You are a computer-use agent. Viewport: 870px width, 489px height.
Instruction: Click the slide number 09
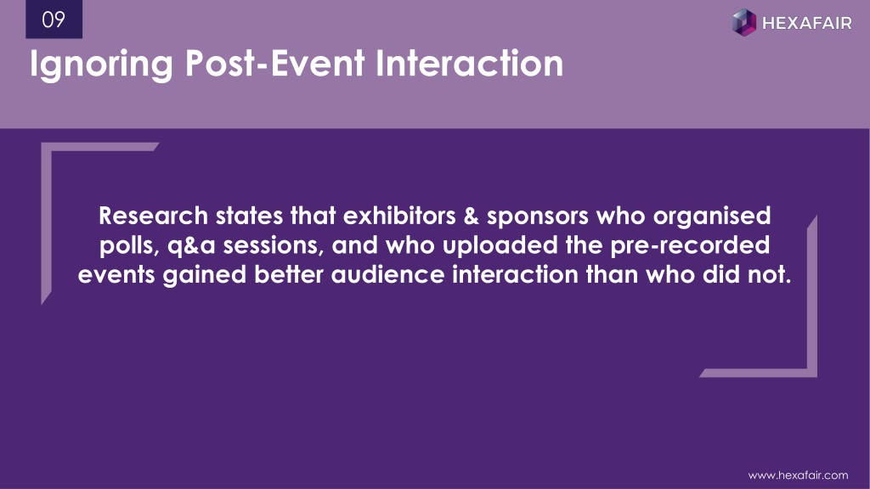[x=54, y=20]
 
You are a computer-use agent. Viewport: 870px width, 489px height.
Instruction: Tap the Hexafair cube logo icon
[x=744, y=22]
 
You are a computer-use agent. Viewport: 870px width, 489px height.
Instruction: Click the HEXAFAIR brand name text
[x=807, y=23]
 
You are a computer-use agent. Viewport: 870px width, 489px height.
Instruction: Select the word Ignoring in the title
[x=102, y=65]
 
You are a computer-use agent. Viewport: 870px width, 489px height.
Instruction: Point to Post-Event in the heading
[x=274, y=63]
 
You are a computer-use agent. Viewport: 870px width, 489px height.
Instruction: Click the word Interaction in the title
[x=469, y=63]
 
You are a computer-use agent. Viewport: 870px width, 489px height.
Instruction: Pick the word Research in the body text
[x=153, y=216]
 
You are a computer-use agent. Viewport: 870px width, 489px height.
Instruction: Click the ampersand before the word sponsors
[x=471, y=216]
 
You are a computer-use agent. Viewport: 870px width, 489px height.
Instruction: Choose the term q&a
[x=191, y=247]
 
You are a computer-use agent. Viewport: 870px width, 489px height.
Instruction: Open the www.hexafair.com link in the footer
[x=798, y=475]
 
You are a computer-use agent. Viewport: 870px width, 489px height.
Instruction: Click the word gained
[x=204, y=277]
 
